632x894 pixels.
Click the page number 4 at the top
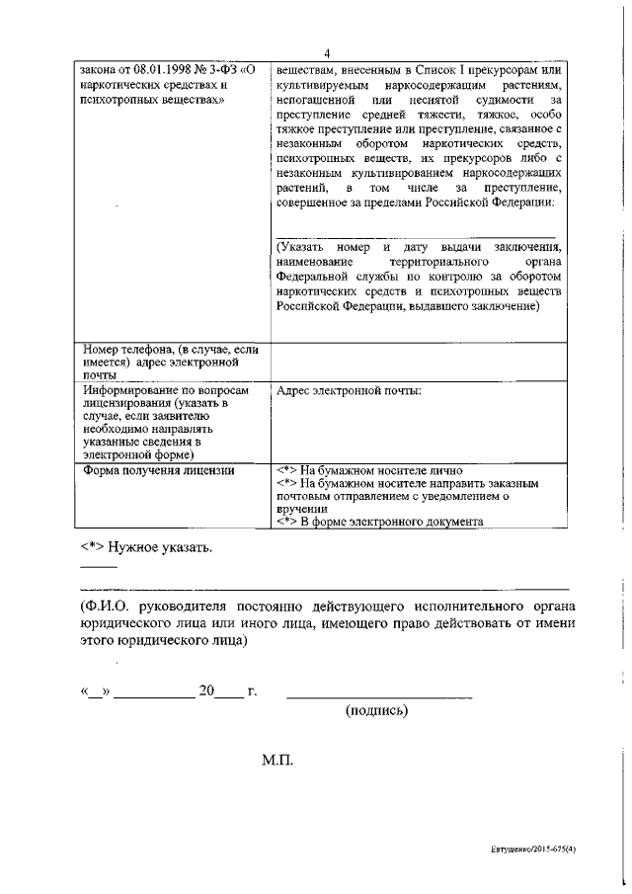point(325,54)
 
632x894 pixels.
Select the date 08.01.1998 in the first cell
point(150,71)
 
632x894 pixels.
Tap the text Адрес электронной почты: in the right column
point(350,391)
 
